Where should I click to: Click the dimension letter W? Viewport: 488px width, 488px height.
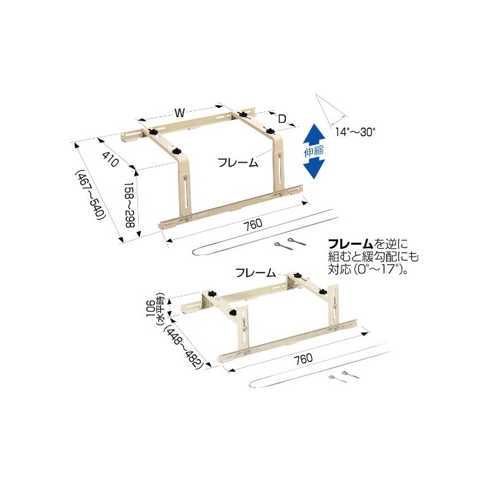(x=179, y=113)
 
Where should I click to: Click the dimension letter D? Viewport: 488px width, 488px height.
(x=282, y=119)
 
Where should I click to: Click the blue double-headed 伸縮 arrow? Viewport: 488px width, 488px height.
(x=314, y=151)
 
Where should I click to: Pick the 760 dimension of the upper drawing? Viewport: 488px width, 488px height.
(x=252, y=224)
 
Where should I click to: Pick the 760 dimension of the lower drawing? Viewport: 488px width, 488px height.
(x=303, y=358)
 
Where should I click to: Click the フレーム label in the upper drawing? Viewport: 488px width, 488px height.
(x=238, y=162)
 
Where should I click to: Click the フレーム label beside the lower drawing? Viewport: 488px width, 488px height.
(x=256, y=273)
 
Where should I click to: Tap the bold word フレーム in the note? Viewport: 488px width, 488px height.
(x=351, y=243)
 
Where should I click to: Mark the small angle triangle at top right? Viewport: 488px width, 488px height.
(x=331, y=109)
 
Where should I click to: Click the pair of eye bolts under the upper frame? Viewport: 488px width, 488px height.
(x=290, y=243)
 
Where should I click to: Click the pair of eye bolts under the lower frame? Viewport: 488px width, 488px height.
(x=344, y=377)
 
